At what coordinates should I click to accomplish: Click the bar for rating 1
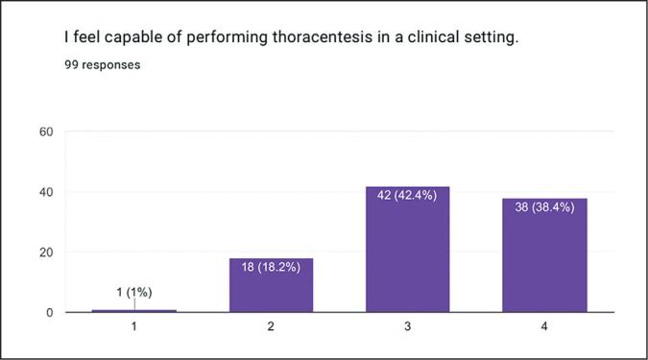tap(134, 310)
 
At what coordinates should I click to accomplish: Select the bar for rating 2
tap(271, 285)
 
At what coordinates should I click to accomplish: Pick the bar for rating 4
tap(544, 255)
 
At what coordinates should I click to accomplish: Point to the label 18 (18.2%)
tap(271, 267)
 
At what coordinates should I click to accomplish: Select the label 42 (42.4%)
tap(408, 195)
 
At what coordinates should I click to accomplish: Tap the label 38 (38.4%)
tap(544, 206)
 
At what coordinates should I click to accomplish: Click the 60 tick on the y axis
tap(45, 132)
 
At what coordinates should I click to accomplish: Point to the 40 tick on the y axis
tap(45, 192)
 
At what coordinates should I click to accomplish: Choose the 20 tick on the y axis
tap(45, 252)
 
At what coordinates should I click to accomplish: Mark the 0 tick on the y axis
tap(49, 312)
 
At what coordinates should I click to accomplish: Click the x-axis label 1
tap(134, 327)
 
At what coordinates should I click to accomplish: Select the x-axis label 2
tap(271, 327)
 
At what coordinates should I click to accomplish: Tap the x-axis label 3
tap(408, 327)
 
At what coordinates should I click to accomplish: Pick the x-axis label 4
tap(544, 327)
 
